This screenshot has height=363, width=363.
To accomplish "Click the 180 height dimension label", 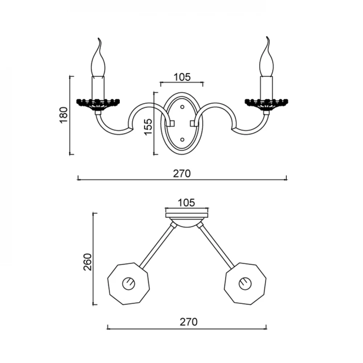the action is point(64,115).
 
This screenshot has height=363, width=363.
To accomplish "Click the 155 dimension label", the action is point(148,127).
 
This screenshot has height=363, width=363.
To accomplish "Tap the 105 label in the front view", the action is point(182,77).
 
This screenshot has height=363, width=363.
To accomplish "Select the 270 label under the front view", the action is point(182,174).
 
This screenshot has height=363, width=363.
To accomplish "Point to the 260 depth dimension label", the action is point(88,262).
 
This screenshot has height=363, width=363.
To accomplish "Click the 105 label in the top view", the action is point(186,203).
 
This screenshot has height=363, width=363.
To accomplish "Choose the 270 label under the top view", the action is point(189,322).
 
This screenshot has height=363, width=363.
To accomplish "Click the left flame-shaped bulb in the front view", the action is point(98,57).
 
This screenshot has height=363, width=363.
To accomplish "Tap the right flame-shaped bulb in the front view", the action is point(267,56).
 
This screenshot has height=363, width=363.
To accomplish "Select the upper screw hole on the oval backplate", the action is point(182,107).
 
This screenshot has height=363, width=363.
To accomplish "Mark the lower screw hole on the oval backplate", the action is point(182,140).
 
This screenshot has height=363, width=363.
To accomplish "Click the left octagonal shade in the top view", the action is point(129,284).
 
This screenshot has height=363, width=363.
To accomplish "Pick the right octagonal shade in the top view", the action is point(245,284).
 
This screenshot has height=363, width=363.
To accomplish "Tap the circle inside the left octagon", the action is point(129,284).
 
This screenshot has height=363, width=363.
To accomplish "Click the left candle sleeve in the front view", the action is point(98,88).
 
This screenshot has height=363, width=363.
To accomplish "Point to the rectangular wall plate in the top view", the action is point(187,215).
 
